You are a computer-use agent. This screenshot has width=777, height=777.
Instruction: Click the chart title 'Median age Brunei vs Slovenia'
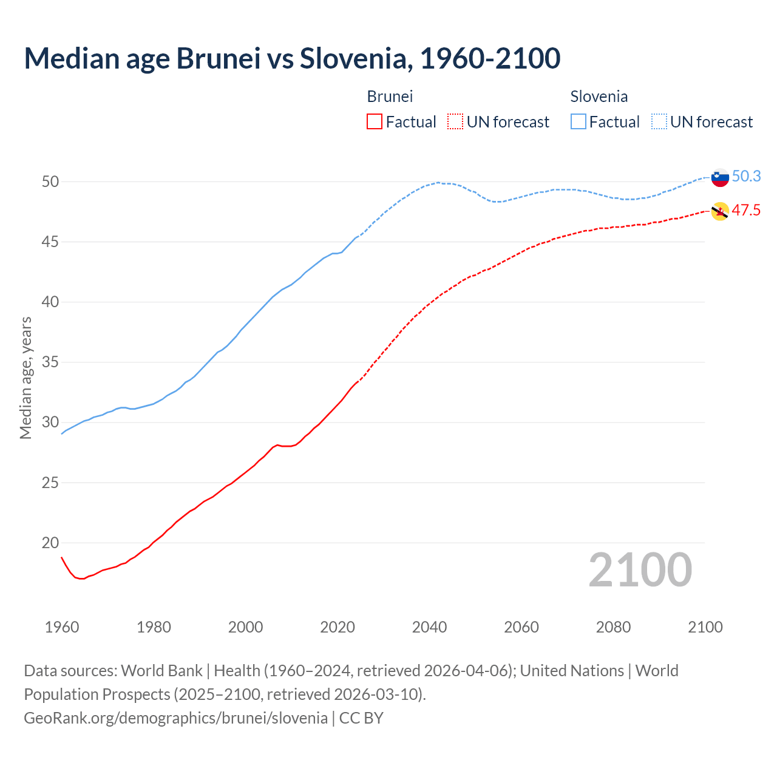point(292,58)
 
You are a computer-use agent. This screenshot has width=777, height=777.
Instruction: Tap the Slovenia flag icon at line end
point(720,177)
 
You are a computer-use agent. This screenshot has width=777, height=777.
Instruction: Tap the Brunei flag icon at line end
point(720,211)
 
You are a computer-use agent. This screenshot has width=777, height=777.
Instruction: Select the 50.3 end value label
point(746,176)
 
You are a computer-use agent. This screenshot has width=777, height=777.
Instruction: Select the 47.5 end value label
point(746,211)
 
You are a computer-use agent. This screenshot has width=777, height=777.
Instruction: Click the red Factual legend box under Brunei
point(375,122)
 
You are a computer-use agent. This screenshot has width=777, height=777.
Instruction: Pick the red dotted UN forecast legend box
point(455,122)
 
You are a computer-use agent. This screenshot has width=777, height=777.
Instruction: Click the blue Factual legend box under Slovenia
point(579,122)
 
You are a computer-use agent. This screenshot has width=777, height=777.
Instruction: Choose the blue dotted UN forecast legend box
point(659,122)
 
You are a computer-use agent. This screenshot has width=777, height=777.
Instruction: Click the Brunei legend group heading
point(390,97)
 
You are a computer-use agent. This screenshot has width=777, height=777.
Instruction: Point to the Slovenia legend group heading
point(599,97)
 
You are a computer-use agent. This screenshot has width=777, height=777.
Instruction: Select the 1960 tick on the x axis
point(62,627)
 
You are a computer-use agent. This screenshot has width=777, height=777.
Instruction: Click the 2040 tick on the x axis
point(429,627)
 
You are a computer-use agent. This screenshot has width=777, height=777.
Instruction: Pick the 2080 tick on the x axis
point(613,627)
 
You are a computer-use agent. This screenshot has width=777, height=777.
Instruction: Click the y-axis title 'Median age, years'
point(25,378)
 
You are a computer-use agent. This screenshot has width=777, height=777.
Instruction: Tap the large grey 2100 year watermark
point(640,570)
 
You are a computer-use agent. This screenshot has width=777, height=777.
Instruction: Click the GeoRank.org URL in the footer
point(175,718)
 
